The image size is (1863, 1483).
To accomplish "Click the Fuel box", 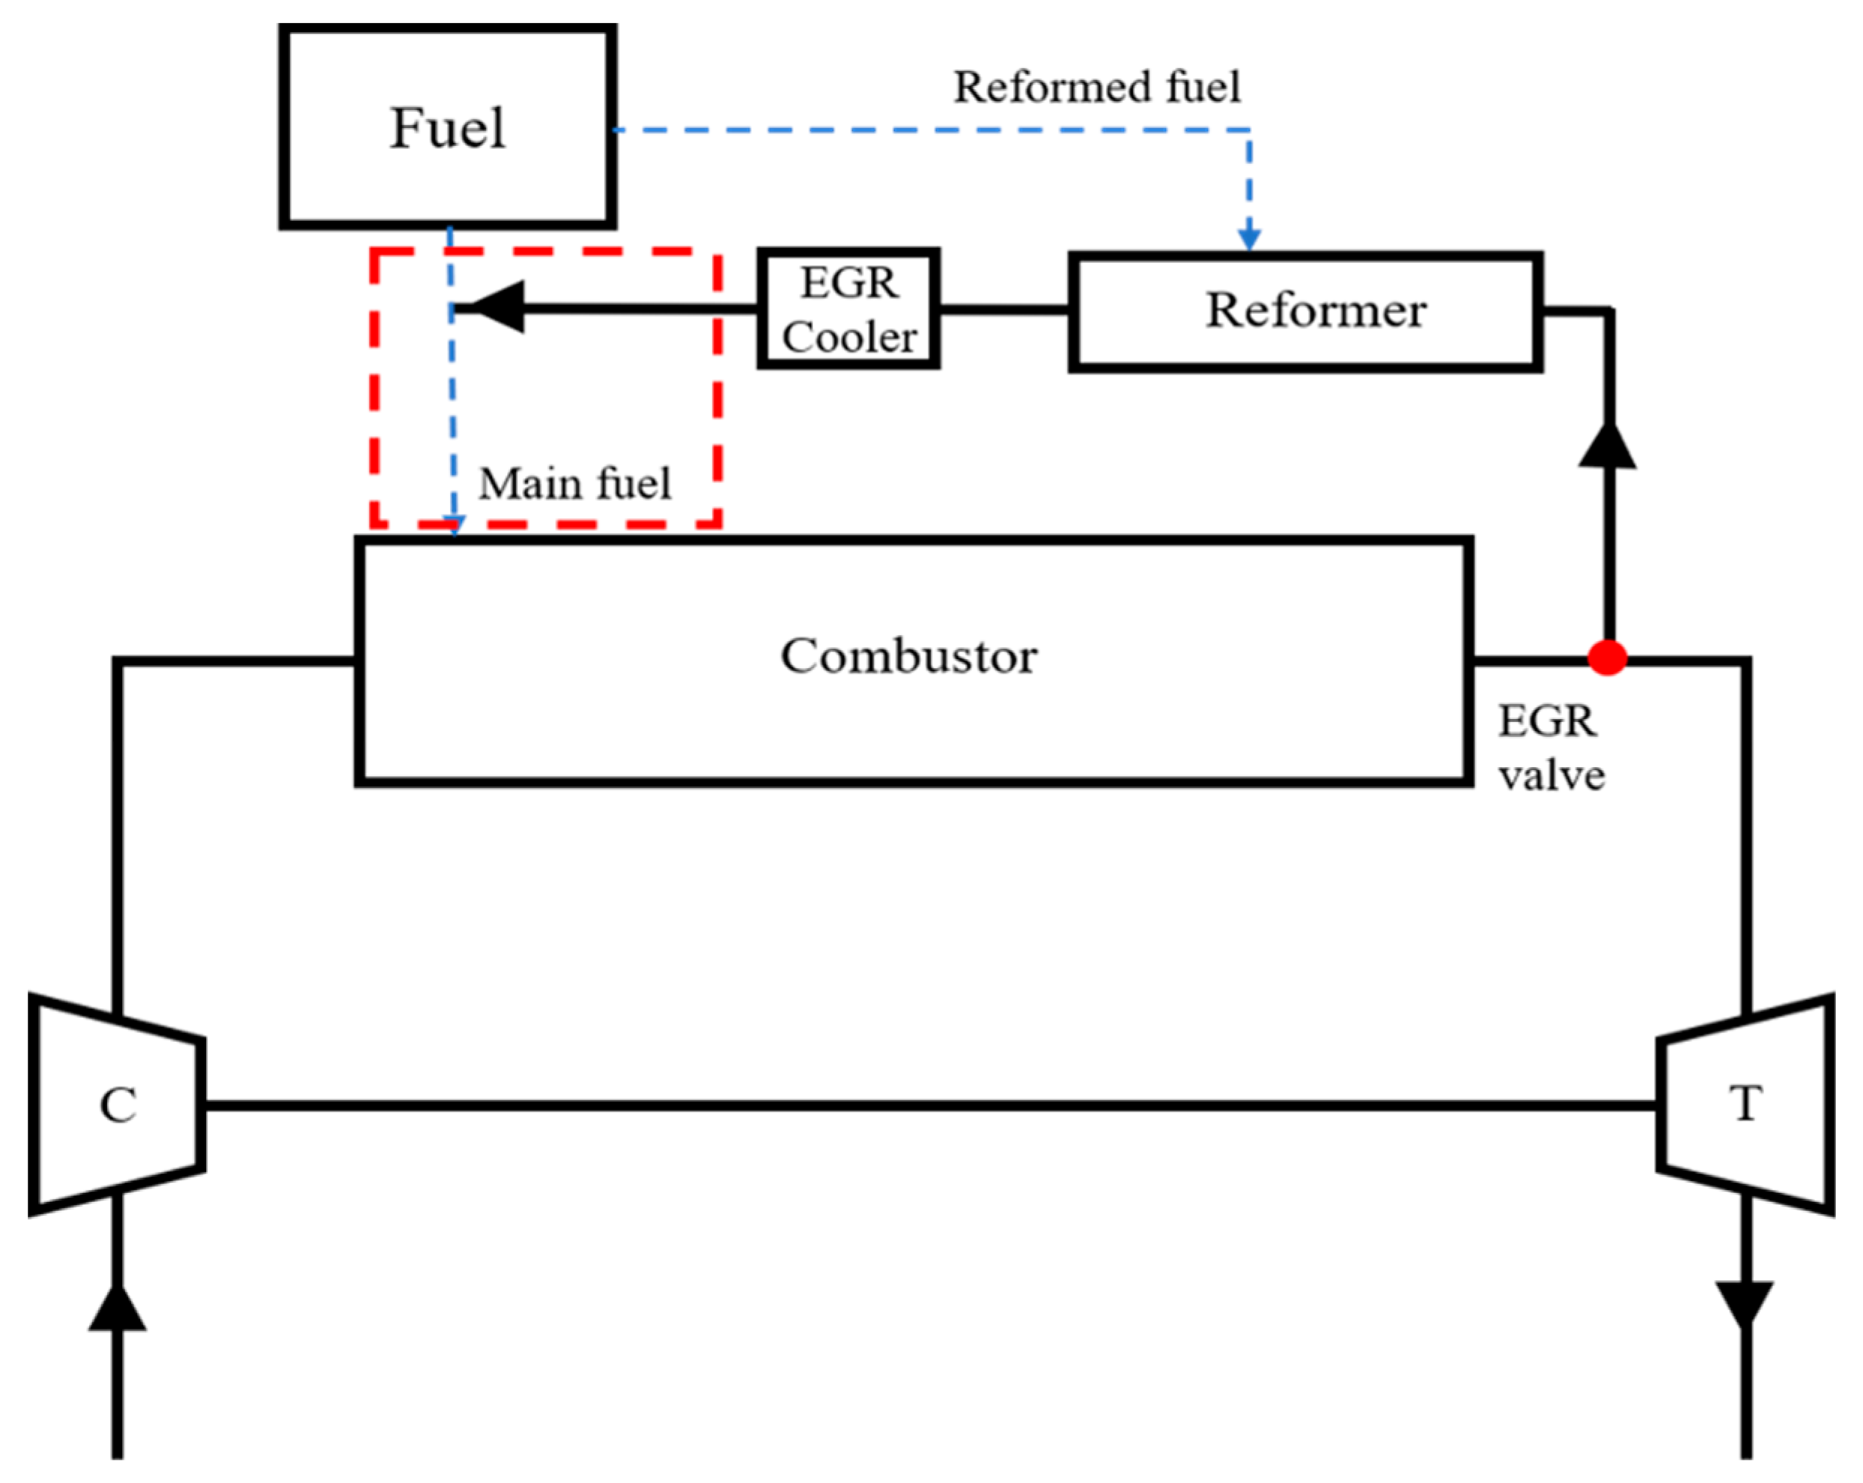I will (447, 127).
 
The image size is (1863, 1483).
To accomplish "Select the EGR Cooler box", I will (848, 309).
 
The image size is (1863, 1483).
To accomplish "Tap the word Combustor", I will (908, 656).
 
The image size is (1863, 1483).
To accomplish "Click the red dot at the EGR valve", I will (1607, 658).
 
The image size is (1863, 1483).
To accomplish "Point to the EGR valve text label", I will (1550, 748).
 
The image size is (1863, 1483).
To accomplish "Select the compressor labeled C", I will (118, 1105).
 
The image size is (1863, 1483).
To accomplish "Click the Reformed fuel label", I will (1096, 88).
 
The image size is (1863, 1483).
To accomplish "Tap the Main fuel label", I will (574, 483).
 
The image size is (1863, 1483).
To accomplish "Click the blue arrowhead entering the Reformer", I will (1249, 238).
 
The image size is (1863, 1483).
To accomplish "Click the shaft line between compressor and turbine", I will (929, 1106).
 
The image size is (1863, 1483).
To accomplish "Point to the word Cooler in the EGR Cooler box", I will (849, 337).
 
